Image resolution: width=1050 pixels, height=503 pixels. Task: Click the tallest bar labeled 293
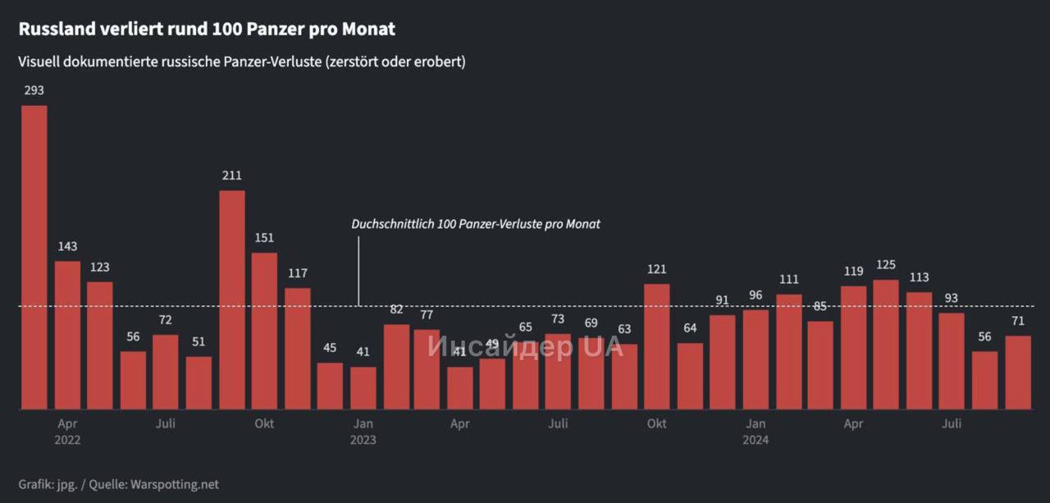click(34, 257)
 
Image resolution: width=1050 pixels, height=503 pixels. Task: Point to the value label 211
click(231, 176)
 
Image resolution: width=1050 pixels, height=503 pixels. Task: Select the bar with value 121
click(656, 346)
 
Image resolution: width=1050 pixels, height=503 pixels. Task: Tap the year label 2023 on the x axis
click(363, 440)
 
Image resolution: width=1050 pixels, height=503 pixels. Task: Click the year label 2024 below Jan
click(756, 440)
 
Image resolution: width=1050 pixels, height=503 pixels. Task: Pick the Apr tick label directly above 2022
click(67, 423)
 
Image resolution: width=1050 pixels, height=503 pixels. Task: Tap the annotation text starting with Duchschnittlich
click(476, 224)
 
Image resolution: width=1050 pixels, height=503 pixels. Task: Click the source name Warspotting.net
click(175, 484)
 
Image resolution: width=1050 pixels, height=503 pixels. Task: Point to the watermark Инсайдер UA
click(525, 346)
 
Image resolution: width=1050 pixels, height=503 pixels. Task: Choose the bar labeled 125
click(886, 345)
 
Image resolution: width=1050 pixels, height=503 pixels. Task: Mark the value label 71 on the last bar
click(1018, 320)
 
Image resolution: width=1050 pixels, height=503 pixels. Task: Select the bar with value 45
click(330, 386)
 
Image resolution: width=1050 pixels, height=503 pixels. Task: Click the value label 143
click(67, 246)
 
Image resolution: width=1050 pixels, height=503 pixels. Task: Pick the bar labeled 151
click(264, 331)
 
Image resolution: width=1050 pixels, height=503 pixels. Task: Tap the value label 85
click(820, 306)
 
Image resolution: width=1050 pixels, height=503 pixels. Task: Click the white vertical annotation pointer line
click(359, 271)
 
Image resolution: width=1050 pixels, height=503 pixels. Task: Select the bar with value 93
click(952, 361)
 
